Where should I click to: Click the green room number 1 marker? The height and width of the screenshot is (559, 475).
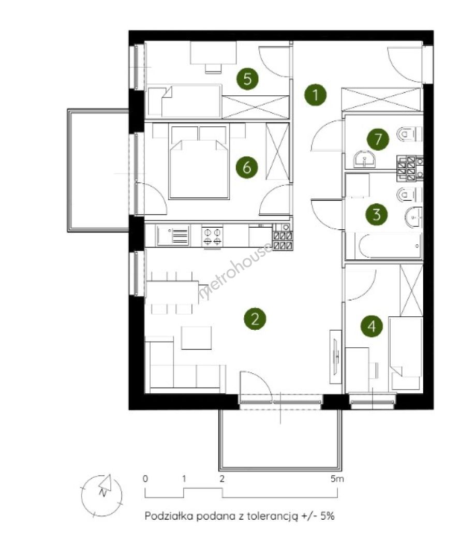click(x=315, y=95)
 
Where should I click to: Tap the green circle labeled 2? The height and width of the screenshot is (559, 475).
click(x=255, y=318)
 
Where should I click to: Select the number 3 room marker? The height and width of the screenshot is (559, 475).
click(x=376, y=215)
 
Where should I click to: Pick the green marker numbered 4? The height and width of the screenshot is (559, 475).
click(x=372, y=326)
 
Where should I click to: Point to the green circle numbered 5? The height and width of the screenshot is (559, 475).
click(x=247, y=79)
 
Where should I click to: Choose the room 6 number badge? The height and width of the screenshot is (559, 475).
click(x=247, y=167)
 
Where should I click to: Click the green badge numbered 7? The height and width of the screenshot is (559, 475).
click(x=378, y=139)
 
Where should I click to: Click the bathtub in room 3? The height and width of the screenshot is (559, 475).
click(x=390, y=246)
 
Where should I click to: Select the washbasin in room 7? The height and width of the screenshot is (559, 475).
click(x=364, y=159)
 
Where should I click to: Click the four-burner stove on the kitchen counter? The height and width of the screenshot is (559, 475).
click(x=212, y=236)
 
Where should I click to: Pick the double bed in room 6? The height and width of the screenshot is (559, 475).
click(x=199, y=169)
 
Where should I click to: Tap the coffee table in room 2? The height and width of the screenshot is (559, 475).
click(x=196, y=337)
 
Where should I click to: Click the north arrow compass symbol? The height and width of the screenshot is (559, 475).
click(x=102, y=495)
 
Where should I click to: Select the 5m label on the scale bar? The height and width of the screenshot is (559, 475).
click(x=337, y=478)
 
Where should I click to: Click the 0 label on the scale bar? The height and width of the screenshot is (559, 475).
click(x=145, y=478)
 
